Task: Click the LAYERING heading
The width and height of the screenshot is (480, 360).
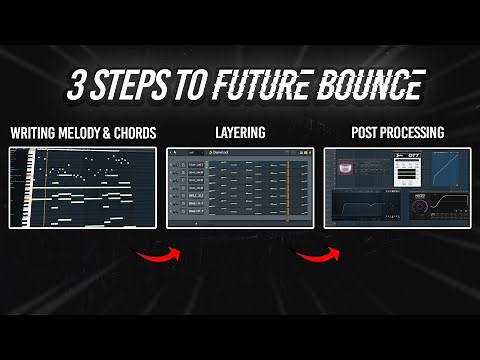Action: click(240, 133)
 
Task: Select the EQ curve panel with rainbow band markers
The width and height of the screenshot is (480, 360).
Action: click(365, 210)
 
